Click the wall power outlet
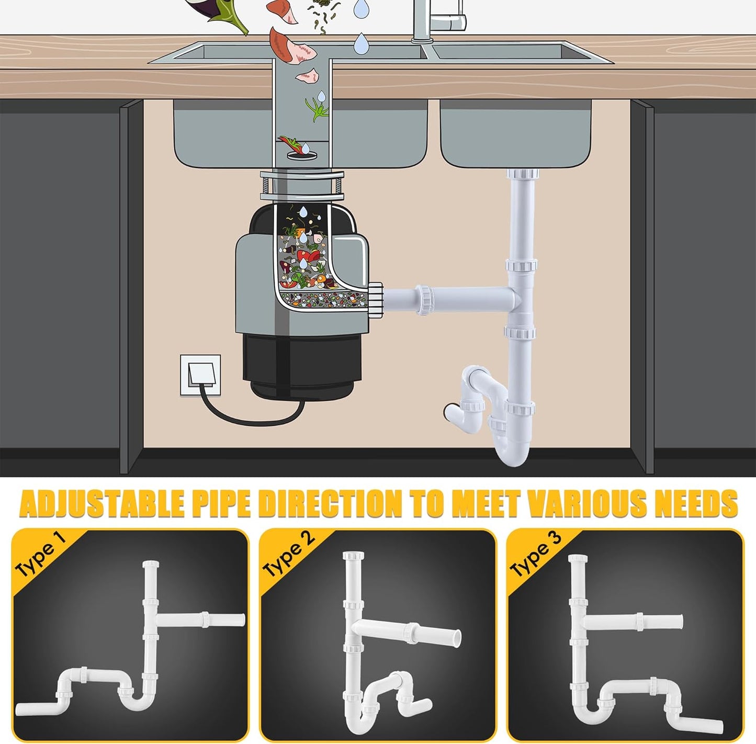pyautogui.click(x=200, y=375)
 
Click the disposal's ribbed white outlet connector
pyautogui.click(x=376, y=300)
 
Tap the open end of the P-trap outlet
pyautogui.click(x=448, y=411)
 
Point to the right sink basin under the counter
pyautogui.click(x=515, y=133)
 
